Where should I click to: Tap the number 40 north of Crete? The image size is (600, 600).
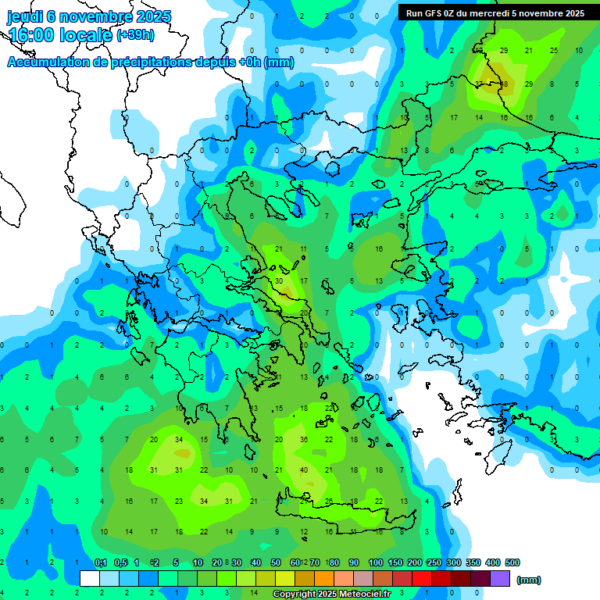(x=305, y=470)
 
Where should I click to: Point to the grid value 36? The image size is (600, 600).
(x=305, y=439)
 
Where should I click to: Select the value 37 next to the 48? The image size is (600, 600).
(x=480, y=84)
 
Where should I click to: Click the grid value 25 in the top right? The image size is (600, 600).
(x=554, y=50)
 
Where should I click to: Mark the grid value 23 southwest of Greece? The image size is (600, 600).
(x=179, y=501)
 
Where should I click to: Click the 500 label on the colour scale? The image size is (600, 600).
(x=512, y=562)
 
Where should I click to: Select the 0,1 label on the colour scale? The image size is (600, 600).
(x=100, y=562)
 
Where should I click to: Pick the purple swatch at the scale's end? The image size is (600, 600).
(x=500, y=578)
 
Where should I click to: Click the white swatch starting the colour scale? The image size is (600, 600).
(x=90, y=578)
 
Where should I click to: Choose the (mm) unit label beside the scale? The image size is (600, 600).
(x=529, y=580)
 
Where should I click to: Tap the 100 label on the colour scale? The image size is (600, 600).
(x=375, y=562)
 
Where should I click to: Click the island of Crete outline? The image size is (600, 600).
(x=344, y=516)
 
